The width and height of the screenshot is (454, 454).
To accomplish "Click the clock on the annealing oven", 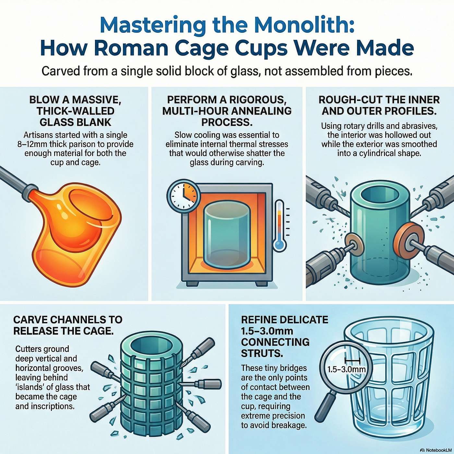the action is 182,195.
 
